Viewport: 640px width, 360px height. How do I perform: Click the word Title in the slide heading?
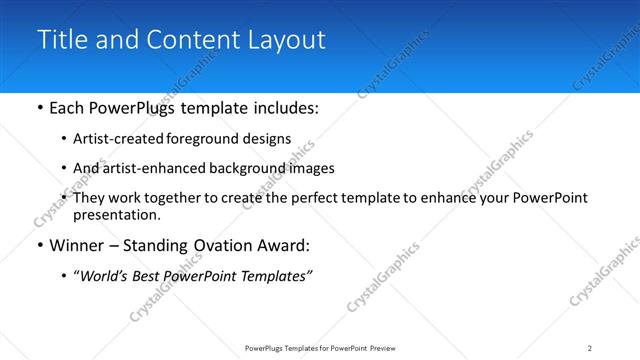click(x=59, y=40)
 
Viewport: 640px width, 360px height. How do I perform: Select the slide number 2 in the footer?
click(x=590, y=348)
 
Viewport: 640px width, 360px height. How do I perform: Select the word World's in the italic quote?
click(x=106, y=275)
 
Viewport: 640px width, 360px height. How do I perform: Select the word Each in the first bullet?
click(x=66, y=108)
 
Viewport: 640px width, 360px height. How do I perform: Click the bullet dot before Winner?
click(x=38, y=245)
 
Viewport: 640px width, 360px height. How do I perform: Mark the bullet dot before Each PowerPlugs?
click(x=38, y=108)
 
